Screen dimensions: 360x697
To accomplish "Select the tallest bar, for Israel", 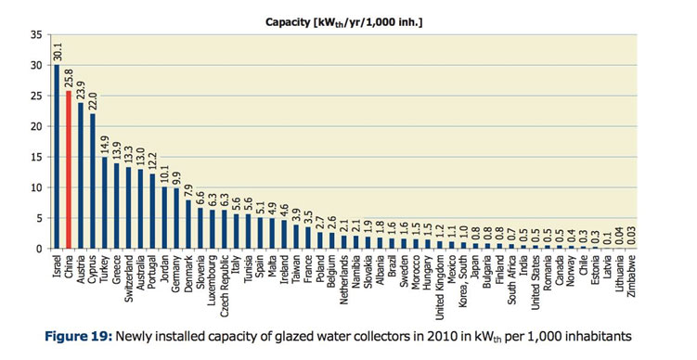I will [56, 157].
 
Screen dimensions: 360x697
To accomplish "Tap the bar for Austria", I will [80, 175].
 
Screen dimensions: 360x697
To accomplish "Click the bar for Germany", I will [176, 218].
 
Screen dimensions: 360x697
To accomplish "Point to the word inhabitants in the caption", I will [590, 335].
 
